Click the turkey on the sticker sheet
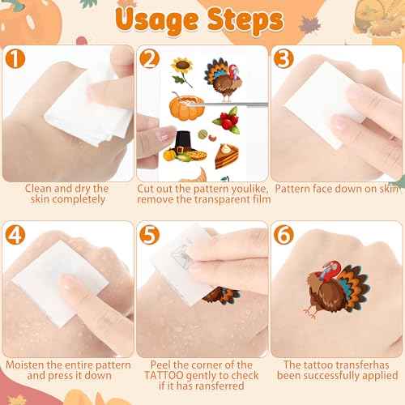point(224,79)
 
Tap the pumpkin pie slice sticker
point(227,154)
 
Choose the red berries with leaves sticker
point(226,122)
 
